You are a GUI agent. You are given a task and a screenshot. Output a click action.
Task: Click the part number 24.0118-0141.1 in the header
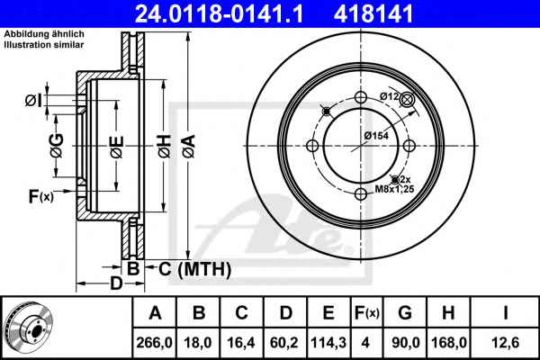point(219,13)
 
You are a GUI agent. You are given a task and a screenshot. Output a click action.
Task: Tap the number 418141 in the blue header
point(373,13)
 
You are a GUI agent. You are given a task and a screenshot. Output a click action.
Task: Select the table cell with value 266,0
point(154,342)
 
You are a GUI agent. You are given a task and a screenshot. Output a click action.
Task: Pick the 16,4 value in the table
point(241,342)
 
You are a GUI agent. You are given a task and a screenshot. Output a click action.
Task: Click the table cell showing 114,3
point(328,342)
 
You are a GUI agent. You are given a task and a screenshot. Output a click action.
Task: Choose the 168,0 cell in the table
point(449,342)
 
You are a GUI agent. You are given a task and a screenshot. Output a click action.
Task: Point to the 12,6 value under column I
point(506,342)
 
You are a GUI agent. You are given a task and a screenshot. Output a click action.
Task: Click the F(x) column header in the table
point(367,313)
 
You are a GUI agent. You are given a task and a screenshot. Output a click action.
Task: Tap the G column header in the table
point(405,313)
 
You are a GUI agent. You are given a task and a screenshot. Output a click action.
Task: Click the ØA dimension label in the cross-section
point(189,147)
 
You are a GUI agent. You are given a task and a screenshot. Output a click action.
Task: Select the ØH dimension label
point(165,147)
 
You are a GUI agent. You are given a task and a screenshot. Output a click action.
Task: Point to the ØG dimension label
point(58,146)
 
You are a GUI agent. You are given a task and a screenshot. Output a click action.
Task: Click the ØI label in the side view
point(34,101)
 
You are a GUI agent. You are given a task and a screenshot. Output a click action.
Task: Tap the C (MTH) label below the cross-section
point(194,269)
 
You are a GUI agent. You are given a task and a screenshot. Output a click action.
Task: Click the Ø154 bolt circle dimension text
point(376,136)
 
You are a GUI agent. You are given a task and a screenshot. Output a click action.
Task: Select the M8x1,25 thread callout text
point(394,189)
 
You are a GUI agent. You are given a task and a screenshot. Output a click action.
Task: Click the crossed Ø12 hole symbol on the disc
point(407,100)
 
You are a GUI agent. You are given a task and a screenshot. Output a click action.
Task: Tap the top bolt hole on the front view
point(361,97)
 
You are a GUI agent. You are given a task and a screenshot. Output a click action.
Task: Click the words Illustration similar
point(44,45)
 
